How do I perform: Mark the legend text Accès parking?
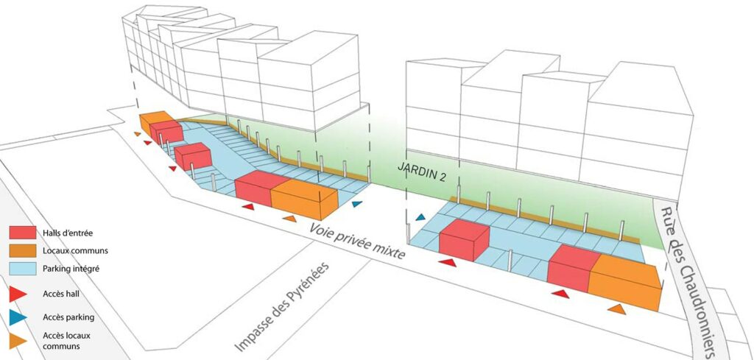[73, 318]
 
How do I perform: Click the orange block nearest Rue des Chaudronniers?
[626, 283]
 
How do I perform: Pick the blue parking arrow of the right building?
[421, 217]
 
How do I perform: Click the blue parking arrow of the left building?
[357, 204]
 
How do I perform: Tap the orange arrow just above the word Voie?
[290, 219]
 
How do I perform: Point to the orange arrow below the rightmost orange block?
[616, 310]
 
